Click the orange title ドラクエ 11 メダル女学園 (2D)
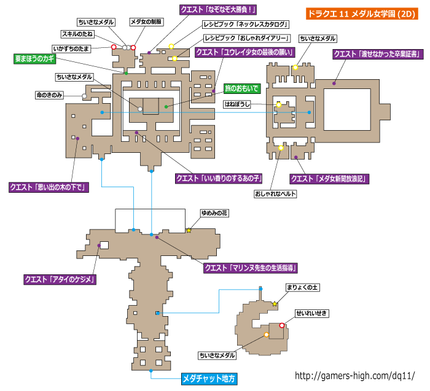pyautogui.click(x=362, y=14)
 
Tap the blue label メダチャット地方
pyautogui.click(x=209, y=379)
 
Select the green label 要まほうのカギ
pyautogui.click(x=35, y=59)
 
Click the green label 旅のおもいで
pyautogui.click(x=242, y=88)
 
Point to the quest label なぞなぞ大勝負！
pyautogui.click(x=218, y=10)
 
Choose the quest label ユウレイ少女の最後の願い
pyautogui.click(x=245, y=52)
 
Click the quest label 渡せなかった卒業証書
pyautogui.click(x=378, y=54)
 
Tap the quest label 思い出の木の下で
pyautogui.click(x=49, y=187)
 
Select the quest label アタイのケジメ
pyautogui.click(x=60, y=279)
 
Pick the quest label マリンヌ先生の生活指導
pyautogui.click(x=251, y=268)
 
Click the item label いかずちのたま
pyautogui.click(x=71, y=48)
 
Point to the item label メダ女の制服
pyautogui.click(x=146, y=22)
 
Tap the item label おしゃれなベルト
pyautogui.click(x=275, y=194)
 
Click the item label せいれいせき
pyautogui.click(x=312, y=313)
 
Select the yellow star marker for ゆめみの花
pyautogui.click(x=189, y=230)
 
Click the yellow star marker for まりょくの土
pyautogui.click(x=275, y=304)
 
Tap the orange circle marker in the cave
pyautogui.click(x=266, y=335)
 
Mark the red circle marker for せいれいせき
pyautogui.click(x=281, y=325)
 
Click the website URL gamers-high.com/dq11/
pyautogui.click(x=355, y=376)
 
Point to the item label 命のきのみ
pyautogui.click(x=49, y=95)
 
